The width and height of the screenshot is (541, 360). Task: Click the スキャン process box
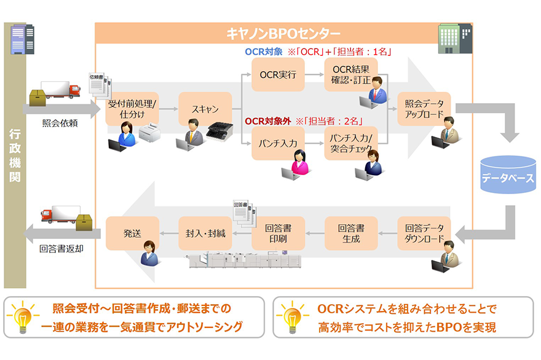pos(205,109)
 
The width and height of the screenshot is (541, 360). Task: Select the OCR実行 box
pos(278,75)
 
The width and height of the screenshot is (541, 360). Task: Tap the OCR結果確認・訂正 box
pos(350,74)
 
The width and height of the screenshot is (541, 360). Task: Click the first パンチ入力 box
pos(278,143)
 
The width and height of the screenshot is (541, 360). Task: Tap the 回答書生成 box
pos(350,233)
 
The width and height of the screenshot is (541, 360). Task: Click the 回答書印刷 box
pos(278,233)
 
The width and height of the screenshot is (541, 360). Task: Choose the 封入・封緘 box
pos(205,233)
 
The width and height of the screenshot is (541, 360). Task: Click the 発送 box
pos(132,233)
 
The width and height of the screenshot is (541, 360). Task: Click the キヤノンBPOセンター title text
pos(282,33)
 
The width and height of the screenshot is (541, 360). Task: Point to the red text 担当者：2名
pos(333,120)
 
